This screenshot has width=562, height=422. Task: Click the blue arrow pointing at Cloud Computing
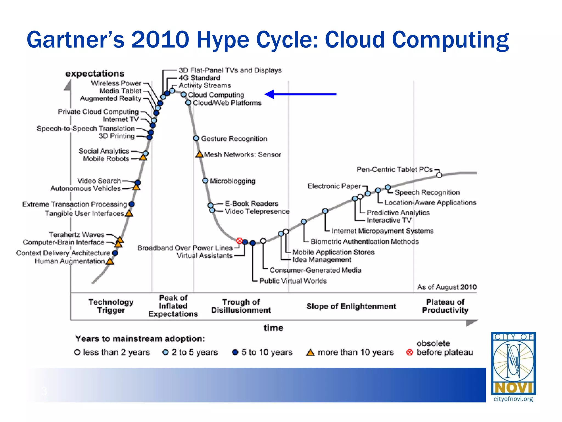[300, 94]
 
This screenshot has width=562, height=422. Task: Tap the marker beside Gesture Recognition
[196, 138]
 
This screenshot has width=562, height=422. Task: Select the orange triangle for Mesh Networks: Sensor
[199, 154]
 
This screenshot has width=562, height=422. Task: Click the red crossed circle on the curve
[239, 241]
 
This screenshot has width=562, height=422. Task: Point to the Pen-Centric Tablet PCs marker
[439, 175]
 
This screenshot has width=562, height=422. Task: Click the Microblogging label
[232, 181]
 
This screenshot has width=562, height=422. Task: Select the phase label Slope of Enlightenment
[351, 306]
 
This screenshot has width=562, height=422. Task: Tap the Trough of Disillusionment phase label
[241, 306]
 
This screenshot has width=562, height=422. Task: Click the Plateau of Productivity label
[445, 306]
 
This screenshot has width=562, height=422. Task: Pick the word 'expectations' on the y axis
[95, 74]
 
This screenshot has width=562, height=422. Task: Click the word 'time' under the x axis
[273, 328]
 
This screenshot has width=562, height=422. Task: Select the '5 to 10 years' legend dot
[235, 352]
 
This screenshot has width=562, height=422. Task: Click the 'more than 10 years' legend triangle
[310, 352]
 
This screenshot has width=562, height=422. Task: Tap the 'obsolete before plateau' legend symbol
[409, 352]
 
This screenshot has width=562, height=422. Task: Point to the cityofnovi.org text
[513, 399]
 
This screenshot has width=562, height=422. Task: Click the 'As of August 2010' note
[447, 287]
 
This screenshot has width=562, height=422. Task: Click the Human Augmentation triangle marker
[110, 261]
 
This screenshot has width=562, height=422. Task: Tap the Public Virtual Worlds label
[293, 281]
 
